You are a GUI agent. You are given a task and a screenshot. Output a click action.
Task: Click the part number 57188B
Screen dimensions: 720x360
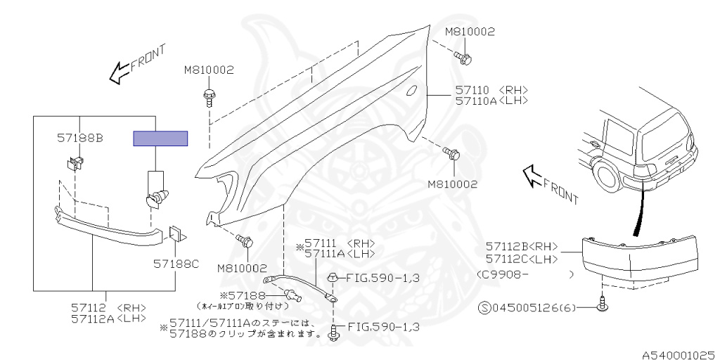click(79, 139)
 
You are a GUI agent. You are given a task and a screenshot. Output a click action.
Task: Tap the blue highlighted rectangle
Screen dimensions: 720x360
click(161, 138)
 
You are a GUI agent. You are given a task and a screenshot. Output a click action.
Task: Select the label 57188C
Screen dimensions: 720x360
click(176, 264)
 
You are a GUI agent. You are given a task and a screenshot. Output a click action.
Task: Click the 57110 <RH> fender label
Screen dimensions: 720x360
click(491, 90)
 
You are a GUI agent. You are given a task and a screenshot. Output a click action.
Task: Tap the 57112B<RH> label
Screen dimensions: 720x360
click(521, 246)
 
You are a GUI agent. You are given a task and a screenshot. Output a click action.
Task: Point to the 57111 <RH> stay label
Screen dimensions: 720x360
click(335, 243)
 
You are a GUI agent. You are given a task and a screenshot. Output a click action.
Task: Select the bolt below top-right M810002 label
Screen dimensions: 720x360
click(463, 56)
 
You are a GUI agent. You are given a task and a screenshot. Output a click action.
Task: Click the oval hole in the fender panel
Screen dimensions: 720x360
click(414, 91)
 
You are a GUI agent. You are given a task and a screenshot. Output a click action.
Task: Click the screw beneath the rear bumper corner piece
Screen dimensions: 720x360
click(603, 304)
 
